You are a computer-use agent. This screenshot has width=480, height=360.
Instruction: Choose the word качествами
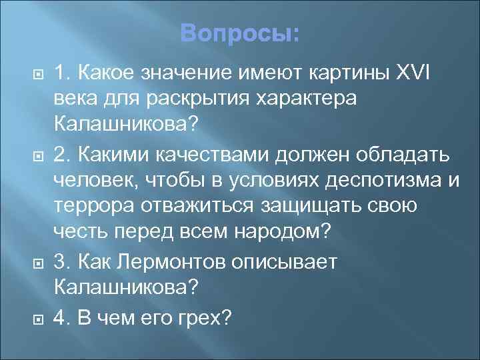click(x=211, y=155)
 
